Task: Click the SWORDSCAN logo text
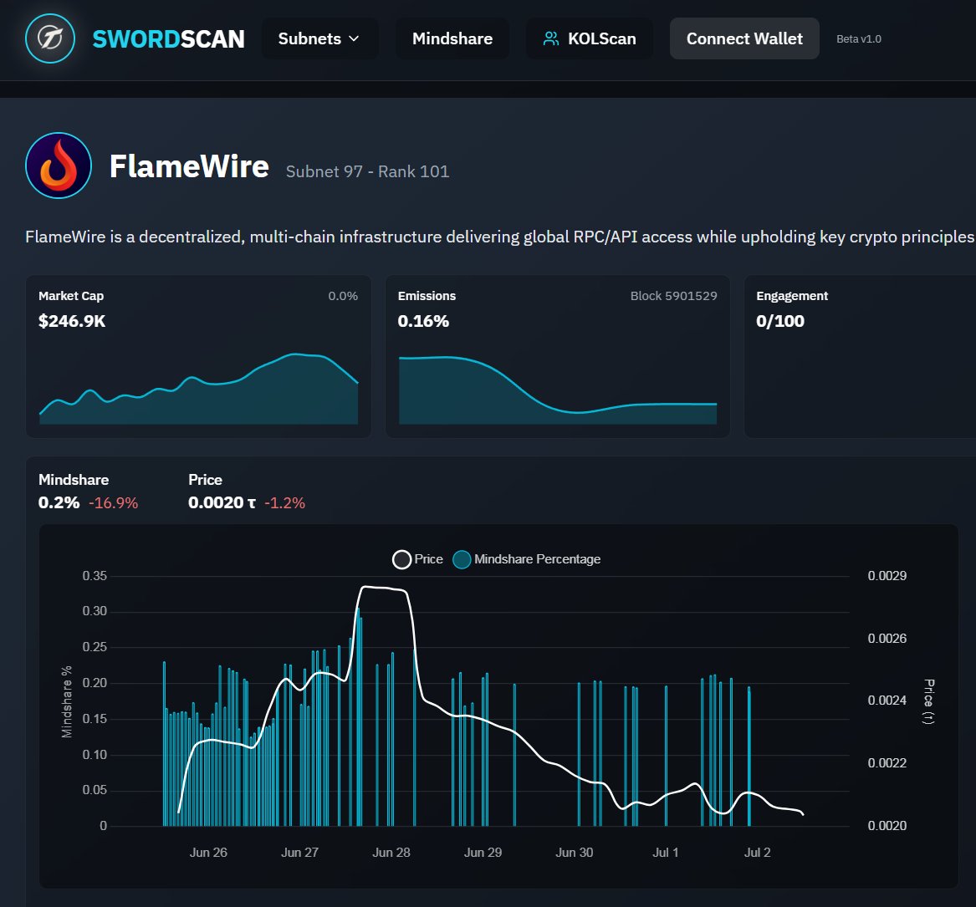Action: pyautogui.click(x=168, y=38)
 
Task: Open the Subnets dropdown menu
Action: pyautogui.click(x=319, y=38)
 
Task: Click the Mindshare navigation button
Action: pyautogui.click(x=452, y=38)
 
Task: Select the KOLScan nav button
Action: pyautogui.click(x=589, y=38)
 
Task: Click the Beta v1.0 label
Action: pyautogui.click(x=858, y=39)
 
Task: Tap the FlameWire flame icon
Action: pyautogui.click(x=58, y=166)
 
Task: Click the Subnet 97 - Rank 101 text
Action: pyautogui.click(x=367, y=172)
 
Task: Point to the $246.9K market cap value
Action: pyautogui.click(x=72, y=321)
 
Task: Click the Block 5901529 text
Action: pyautogui.click(x=673, y=296)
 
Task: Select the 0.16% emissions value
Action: pyautogui.click(x=423, y=321)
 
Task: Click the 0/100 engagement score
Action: pyautogui.click(x=779, y=321)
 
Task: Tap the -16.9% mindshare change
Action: pyautogui.click(x=113, y=503)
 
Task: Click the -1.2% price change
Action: pyautogui.click(x=284, y=503)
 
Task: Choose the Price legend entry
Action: pyautogui.click(x=418, y=559)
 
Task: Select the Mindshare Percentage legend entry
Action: pyautogui.click(x=527, y=559)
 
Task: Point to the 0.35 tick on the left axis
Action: pyautogui.click(x=95, y=576)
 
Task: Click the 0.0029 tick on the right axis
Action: pyautogui.click(x=887, y=576)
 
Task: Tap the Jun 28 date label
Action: pyautogui.click(x=391, y=853)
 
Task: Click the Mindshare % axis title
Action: pyautogui.click(x=67, y=701)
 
